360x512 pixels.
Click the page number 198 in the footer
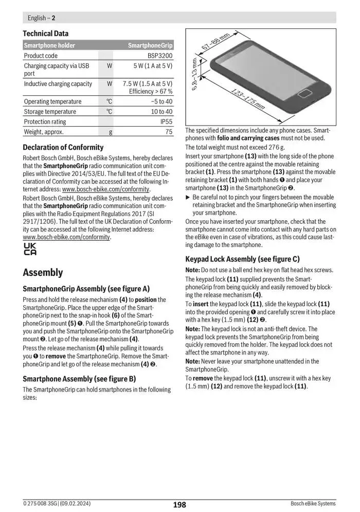[x=179, y=505]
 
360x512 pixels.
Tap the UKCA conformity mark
[x=30, y=250]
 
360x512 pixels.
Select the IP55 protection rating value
[x=166, y=121]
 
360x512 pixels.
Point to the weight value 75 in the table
[x=169, y=132]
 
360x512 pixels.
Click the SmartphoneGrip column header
[x=150, y=45]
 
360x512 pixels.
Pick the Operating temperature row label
[x=52, y=101]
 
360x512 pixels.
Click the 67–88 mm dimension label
[x=215, y=44]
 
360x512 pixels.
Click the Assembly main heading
[x=43, y=272]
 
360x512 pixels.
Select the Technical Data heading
[x=46, y=33]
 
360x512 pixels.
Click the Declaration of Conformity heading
[x=63, y=147]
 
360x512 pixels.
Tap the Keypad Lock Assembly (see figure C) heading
[x=242, y=259]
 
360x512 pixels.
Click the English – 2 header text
[x=41, y=18]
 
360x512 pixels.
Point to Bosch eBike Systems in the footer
[x=313, y=504]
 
